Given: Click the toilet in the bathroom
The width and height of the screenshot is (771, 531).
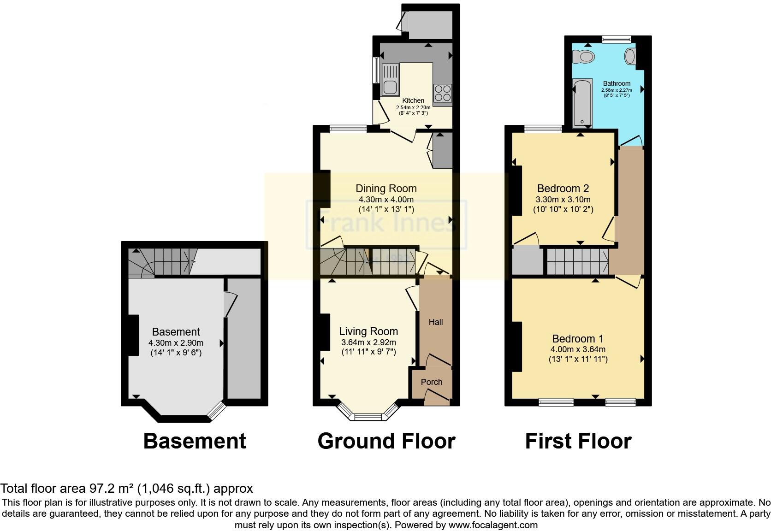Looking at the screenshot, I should click(x=583, y=57).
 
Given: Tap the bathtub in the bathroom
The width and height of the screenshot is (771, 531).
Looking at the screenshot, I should click(x=582, y=103).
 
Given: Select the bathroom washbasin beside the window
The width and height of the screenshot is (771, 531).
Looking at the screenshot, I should click(x=630, y=57).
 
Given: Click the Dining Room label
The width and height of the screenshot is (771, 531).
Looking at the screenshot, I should click(x=386, y=189).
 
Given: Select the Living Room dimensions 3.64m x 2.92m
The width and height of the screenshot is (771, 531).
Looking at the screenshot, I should click(x=368, y=342).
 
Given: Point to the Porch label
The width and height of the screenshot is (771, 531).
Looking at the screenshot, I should click(x=432, y=382).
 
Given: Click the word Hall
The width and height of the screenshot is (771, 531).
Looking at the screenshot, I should click(x=436, y=322).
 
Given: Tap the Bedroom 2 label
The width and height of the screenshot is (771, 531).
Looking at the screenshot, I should click(x=563, y=189).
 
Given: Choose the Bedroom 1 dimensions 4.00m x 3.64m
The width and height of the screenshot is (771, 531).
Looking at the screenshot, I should click(x=578, y=349).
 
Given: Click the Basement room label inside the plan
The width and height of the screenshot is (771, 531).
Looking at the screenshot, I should click(x=176, y=332).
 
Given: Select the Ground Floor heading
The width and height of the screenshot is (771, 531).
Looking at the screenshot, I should click(x=386, y=441).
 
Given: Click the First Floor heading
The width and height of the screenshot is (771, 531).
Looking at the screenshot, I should click(x=578, y=441).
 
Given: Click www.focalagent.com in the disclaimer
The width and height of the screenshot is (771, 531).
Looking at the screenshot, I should click(x=493, y=525).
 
